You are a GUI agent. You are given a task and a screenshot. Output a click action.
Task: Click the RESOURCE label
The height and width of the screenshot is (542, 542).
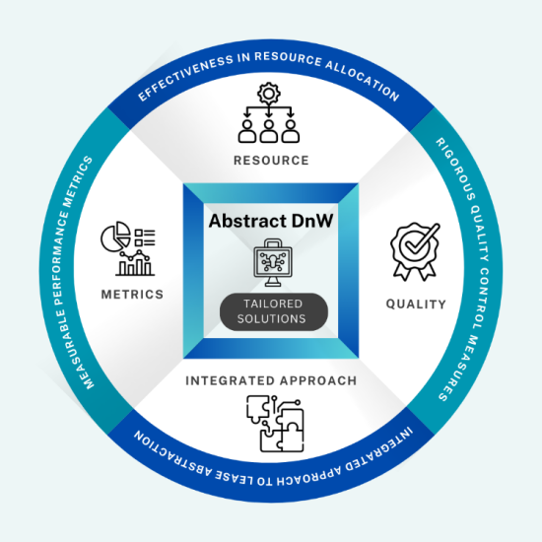tap(271, 161)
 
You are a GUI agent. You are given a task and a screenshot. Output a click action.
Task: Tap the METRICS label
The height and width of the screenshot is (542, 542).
tap(132, 295)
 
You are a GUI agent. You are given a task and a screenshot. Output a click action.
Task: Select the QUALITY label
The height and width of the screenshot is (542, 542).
tap(416, 305)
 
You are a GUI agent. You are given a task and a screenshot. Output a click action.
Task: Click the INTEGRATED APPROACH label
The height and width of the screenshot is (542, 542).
tap(271, 380)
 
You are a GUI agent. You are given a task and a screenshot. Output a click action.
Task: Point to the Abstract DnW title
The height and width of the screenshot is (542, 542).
tap(271, 221)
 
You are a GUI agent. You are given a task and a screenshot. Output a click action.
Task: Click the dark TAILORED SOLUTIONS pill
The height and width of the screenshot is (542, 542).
tap(274, 311)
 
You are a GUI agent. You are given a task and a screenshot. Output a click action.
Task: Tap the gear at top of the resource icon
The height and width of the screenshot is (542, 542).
tap(269, 93)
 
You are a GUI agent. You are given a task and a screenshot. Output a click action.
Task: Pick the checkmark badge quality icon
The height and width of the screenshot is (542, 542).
tap(415, 251)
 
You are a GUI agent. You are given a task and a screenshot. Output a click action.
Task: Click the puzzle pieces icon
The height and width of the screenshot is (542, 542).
tap(275, 424)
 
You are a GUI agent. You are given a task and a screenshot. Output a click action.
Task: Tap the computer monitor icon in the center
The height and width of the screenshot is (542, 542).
tap(273, 262)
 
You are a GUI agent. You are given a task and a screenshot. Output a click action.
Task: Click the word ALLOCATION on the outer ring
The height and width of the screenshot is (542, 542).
tap(363, 80)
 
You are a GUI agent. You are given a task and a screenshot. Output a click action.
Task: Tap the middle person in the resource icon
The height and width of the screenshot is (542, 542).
tap(269, 131)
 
